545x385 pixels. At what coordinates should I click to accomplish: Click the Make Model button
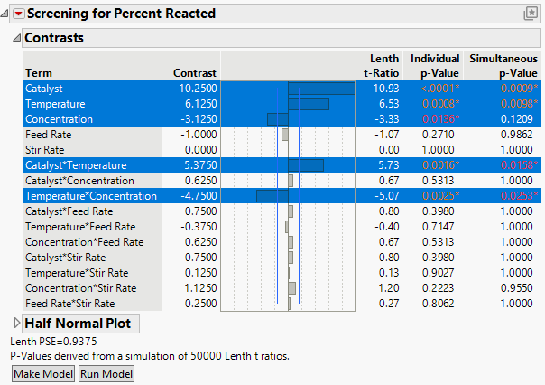[42, 374]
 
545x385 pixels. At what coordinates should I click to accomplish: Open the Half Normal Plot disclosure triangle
[16, 323]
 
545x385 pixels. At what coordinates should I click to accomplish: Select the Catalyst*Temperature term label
[76, 165]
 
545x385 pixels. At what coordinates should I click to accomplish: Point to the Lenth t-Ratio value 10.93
[374, 89]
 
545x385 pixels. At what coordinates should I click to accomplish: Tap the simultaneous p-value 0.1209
[523, 119]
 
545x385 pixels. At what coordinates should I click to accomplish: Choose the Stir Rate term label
[44, 150]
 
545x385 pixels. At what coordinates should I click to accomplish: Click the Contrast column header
[195, 72]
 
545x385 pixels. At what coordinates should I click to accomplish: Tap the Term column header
[38, 72]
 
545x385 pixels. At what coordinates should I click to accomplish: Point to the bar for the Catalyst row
[320, 89]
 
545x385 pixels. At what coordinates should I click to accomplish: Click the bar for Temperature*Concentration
[272, 196]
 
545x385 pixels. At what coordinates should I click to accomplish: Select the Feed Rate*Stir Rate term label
[70, 304]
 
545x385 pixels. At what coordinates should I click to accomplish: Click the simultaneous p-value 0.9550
[523, 288]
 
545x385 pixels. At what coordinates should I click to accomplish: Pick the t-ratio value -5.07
[374, 196]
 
